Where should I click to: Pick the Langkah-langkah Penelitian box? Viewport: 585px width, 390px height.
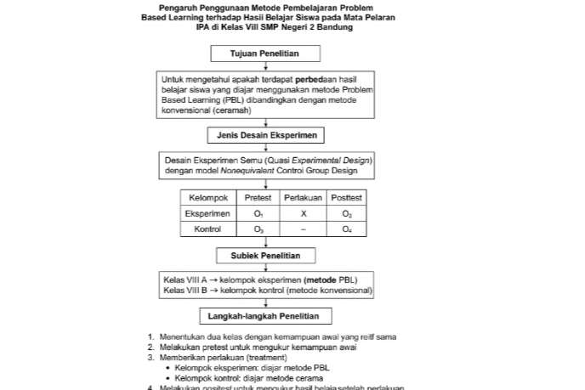pos(264,317)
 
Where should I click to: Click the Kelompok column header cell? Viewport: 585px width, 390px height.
pos(207,198)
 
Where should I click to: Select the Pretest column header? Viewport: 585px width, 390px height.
pos(258,198)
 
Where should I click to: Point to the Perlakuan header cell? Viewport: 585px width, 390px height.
pos(303,198)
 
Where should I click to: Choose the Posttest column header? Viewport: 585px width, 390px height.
pos(347,198)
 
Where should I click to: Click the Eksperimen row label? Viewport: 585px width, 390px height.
pos(207,214)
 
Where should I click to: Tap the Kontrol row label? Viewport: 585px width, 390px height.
pos(207,229)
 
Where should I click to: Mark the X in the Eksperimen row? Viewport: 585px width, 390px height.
pos(303,214)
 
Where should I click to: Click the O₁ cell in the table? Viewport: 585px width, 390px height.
pos(258,214)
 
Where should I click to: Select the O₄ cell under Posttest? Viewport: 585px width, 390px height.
pos(347,229)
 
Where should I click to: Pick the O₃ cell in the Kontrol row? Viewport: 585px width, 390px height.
pos(258,229)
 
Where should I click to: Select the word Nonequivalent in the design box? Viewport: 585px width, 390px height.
pos(246,170)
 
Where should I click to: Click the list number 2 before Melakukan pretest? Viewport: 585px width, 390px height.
pos(151,347)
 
